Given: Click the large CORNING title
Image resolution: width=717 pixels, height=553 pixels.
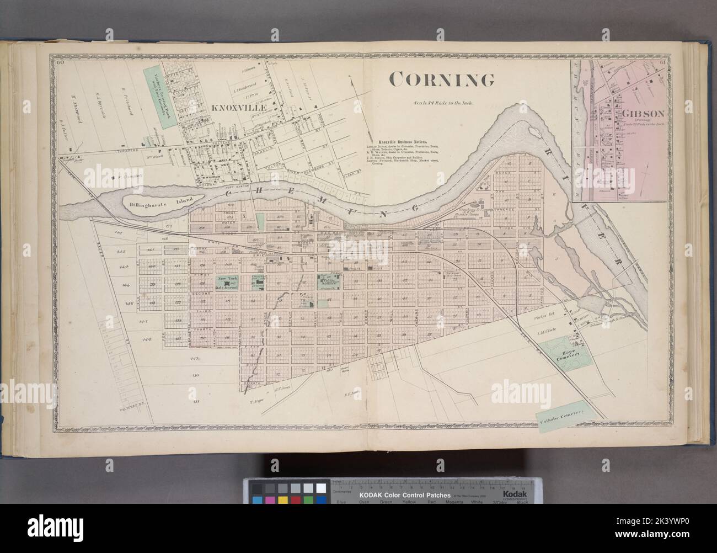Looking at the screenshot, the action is coord(442,81).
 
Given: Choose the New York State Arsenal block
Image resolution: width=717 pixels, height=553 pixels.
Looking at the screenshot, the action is coord(226,283).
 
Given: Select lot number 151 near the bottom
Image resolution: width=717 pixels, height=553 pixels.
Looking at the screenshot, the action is coord(195,402).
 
